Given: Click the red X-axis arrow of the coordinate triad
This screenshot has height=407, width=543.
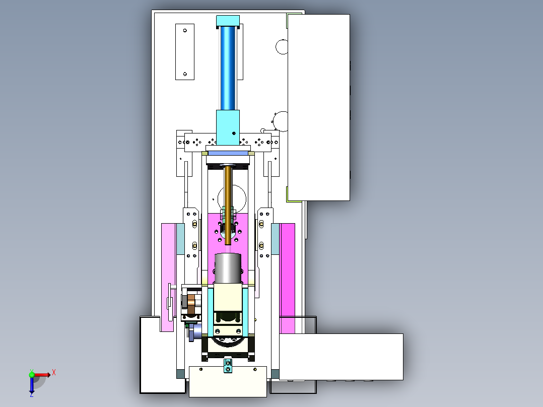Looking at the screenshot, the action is click(x=41, y=375).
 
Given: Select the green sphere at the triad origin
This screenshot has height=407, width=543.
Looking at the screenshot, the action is click(x=32, y=375).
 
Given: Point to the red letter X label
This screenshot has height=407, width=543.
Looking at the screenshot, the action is click(x=54, y=373).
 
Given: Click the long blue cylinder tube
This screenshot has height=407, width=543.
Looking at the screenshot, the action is click(x=228, y=69).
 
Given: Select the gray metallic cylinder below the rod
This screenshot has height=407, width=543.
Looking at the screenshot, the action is click(x=228, y=268).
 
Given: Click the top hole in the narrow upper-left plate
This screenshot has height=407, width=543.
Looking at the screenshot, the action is click(x=185, y=31).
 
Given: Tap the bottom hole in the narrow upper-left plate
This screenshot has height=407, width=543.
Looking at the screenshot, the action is click(x=185, y=74).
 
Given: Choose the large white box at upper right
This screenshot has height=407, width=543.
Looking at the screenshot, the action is click(x=318, y=107).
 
